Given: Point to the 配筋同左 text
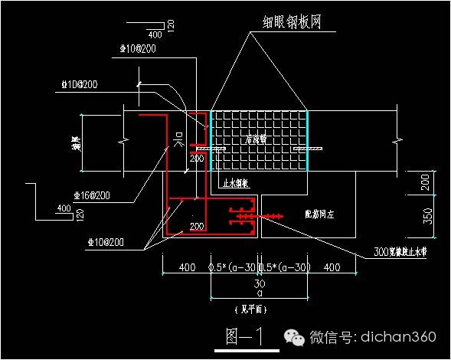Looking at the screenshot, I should pos(320,215).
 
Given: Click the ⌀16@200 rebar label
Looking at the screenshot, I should pos(91,196).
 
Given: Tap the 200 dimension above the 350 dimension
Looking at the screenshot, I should pos(426,182).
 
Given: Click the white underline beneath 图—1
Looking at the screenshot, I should pos(245,349).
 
